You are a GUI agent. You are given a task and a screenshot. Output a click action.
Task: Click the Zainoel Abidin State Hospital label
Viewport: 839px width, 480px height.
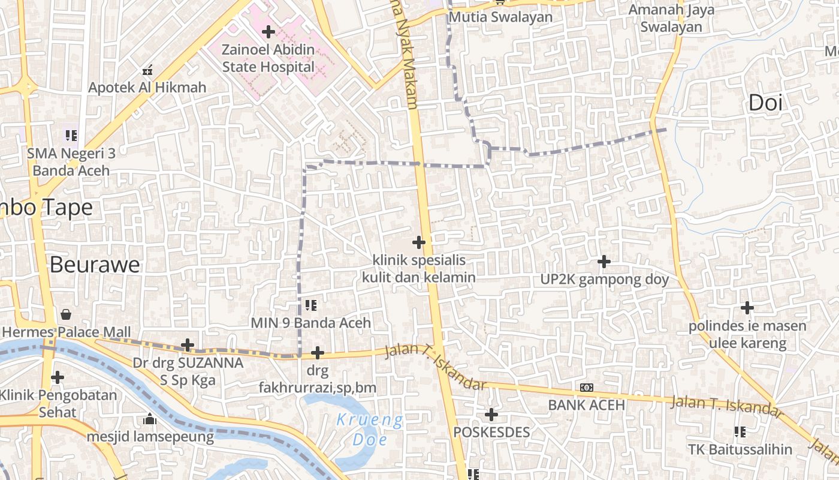(268, 58)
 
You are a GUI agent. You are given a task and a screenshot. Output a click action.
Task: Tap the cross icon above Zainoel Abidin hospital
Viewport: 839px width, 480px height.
(268, 32)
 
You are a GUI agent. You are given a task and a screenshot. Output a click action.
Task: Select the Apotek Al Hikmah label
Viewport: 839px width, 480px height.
(147, 88)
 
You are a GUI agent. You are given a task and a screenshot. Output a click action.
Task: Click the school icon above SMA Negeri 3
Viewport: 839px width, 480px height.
(71, 136)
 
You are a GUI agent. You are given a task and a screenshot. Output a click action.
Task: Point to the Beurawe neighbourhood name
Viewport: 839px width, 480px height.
(95, 265)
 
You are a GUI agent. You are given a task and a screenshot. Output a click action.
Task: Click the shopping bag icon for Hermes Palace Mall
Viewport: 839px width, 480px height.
(66, 314)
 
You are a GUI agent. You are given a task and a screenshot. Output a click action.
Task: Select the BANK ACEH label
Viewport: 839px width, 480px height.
(587, 405)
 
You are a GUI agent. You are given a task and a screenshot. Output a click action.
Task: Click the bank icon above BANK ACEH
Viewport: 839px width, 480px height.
(587, 388)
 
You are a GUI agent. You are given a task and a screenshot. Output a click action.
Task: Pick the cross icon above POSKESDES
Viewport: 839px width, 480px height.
(491, 415)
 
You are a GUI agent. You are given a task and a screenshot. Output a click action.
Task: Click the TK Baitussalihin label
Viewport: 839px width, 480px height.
(740, 449)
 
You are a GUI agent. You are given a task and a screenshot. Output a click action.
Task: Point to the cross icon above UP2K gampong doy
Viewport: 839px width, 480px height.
(604, 262)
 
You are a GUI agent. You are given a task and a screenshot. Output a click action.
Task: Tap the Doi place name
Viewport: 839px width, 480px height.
(765, 103)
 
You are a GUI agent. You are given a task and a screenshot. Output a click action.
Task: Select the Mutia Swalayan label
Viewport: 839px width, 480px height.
(500, 17)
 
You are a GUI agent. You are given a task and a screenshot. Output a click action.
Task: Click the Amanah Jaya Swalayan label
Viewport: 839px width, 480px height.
(671, 18)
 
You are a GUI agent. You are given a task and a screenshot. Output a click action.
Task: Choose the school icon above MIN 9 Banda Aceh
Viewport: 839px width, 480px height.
(310, 305)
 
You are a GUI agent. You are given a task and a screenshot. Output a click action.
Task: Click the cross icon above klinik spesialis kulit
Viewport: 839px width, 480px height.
(419, 242)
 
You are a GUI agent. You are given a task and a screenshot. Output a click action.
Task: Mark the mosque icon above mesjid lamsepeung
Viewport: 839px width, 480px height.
(150, 419)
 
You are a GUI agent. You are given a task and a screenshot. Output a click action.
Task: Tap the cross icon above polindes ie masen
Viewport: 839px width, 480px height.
(747, 308)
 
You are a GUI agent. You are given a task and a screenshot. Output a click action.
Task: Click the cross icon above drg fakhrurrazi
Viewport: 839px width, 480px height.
(318, 353)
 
